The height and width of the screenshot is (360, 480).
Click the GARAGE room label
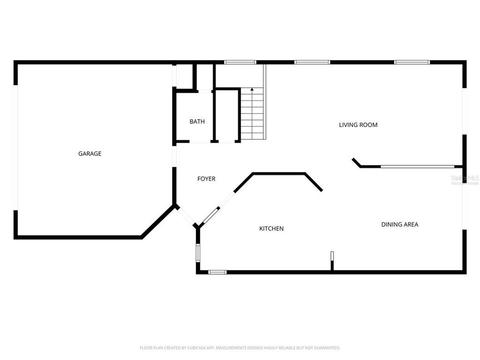click(x=89, y=153)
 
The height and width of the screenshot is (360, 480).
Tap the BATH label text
click(x=196, y=121)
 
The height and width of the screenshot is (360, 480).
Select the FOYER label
click(x=206, y=178)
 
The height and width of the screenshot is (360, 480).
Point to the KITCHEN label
click(x=271, y=228)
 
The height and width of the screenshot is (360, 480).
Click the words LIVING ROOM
click(x=358, y=124)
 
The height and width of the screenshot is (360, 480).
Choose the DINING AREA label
click(x=399, y=224)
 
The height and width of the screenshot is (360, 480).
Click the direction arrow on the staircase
click(x=252, y=90)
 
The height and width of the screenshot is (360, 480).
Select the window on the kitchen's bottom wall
click(x=217, y=272)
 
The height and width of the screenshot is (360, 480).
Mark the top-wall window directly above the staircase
click(x=240, y=62)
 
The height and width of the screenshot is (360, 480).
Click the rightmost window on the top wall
click(x=412, y=62)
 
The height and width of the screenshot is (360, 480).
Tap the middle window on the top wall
click(x=312, y=62)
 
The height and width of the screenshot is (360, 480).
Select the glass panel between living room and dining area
click(x=417, y=166)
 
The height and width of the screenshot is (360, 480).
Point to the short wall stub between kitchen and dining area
click(x=331, y=261)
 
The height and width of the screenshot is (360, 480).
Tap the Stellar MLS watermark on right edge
click(x=465, y=178)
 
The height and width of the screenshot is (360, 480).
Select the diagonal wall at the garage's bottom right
click(x=158, y=221)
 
